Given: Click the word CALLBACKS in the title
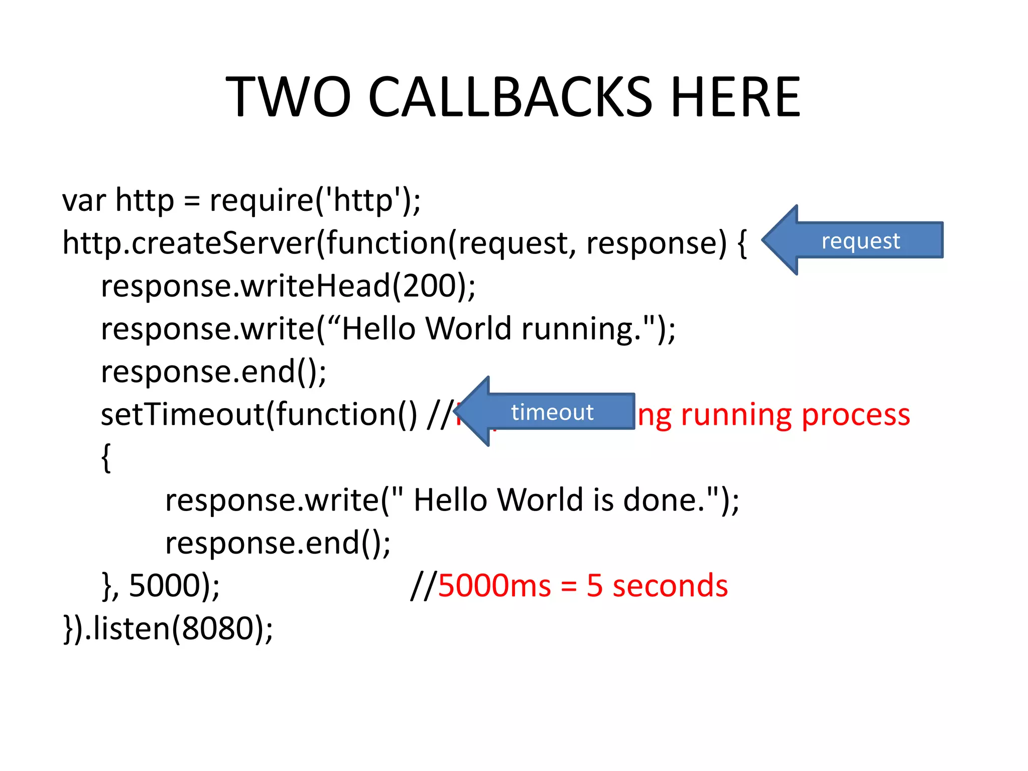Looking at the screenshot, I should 509,97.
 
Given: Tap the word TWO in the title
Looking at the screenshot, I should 288,97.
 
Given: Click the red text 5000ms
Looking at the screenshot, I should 494,585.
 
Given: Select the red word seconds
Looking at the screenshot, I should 670,585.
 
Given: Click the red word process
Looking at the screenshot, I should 855,416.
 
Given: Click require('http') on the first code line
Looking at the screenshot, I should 314,200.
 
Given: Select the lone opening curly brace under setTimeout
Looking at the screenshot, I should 106,457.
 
